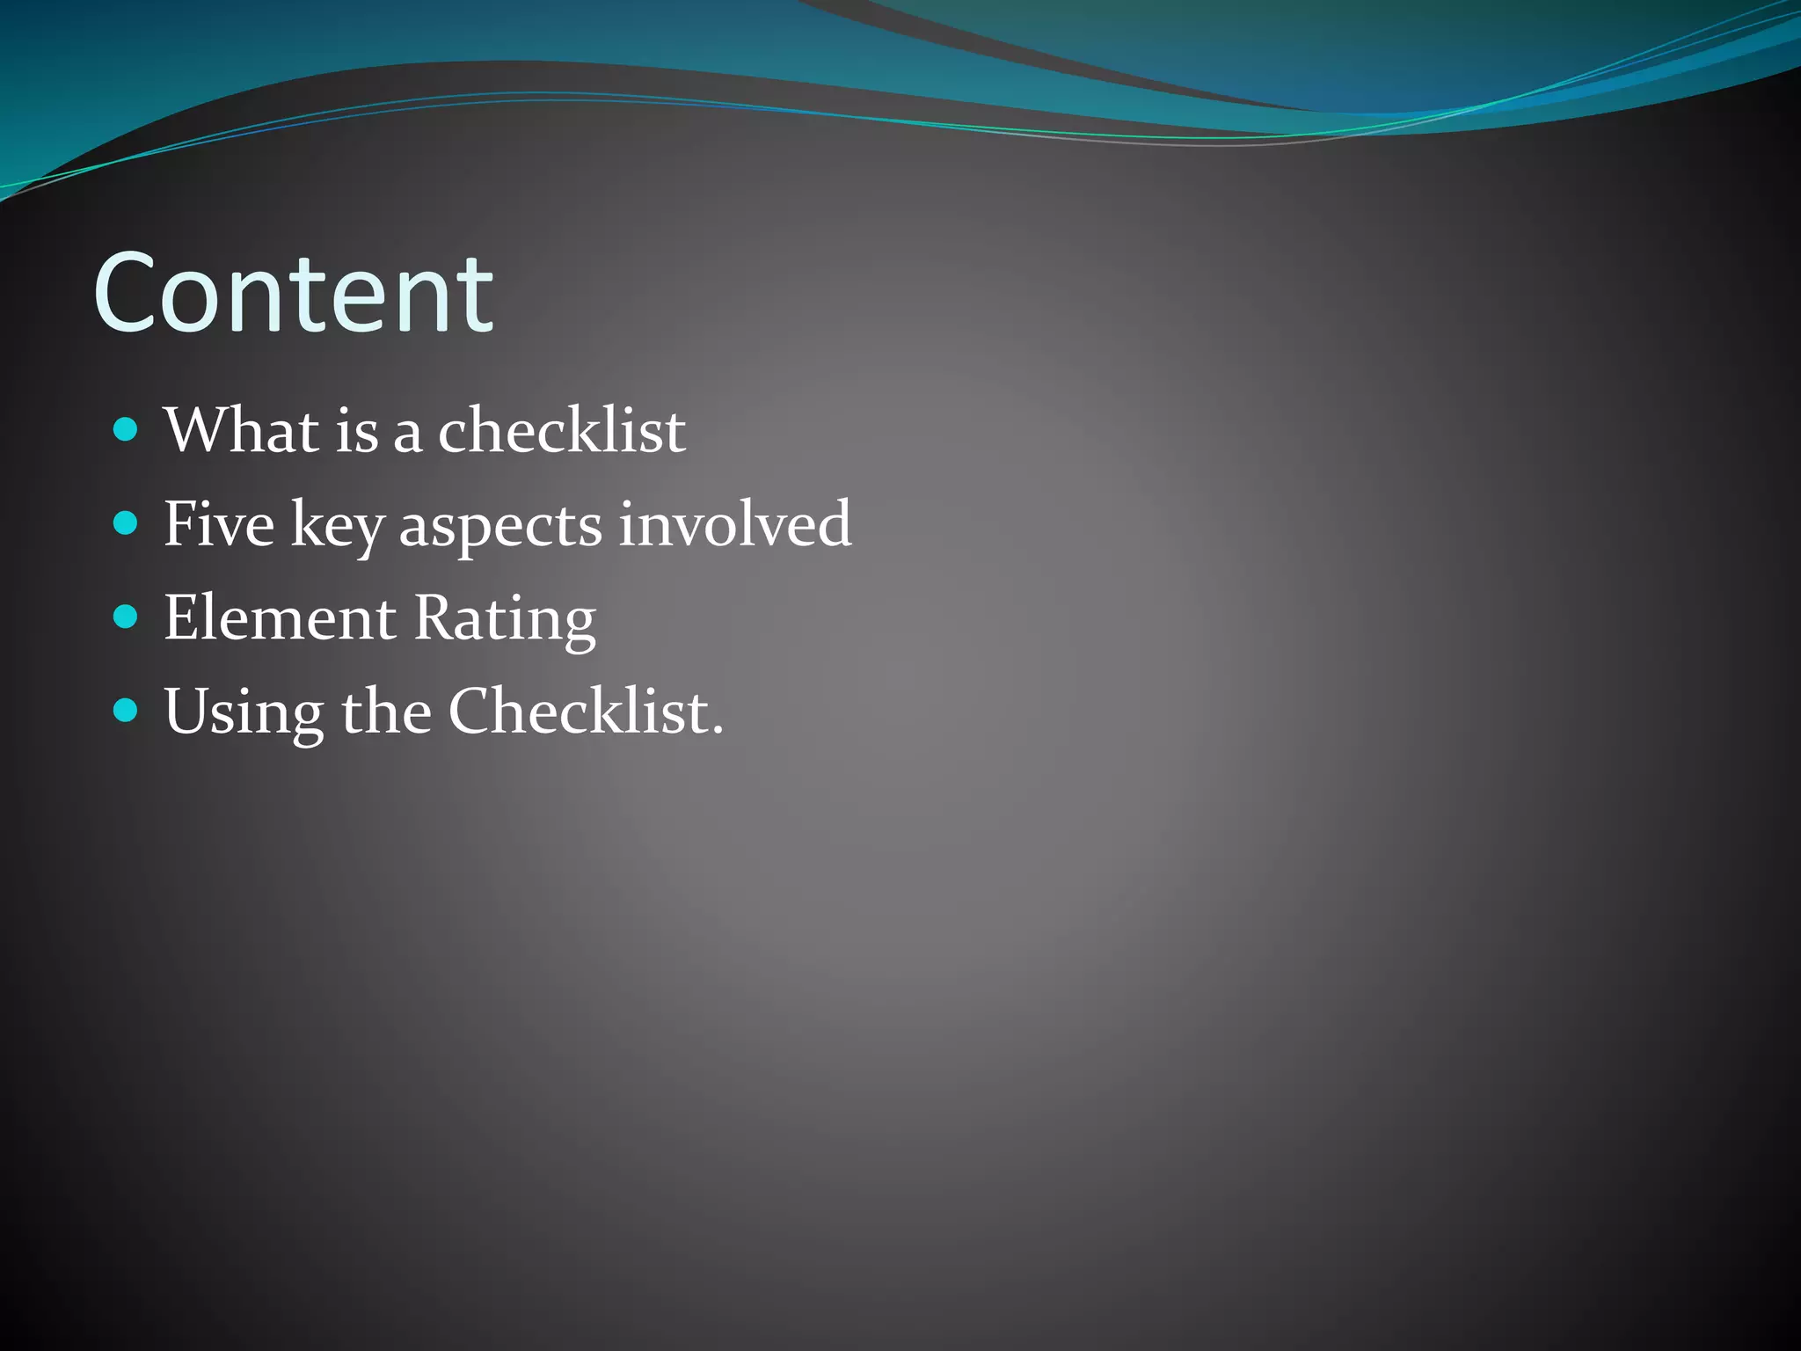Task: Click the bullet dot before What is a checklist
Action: (127, 429)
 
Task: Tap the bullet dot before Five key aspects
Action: (127, 523)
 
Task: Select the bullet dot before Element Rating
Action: (127, 617)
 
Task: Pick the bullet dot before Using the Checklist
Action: (127, 710)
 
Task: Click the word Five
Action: (218, 524)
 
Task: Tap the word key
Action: (337, 526)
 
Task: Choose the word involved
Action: (735, 524)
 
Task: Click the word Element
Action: (280, 617)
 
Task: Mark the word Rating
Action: (505, 619)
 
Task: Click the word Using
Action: (244, 712)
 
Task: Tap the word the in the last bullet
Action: (386, 711)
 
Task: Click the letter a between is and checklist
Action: (407, 435)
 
